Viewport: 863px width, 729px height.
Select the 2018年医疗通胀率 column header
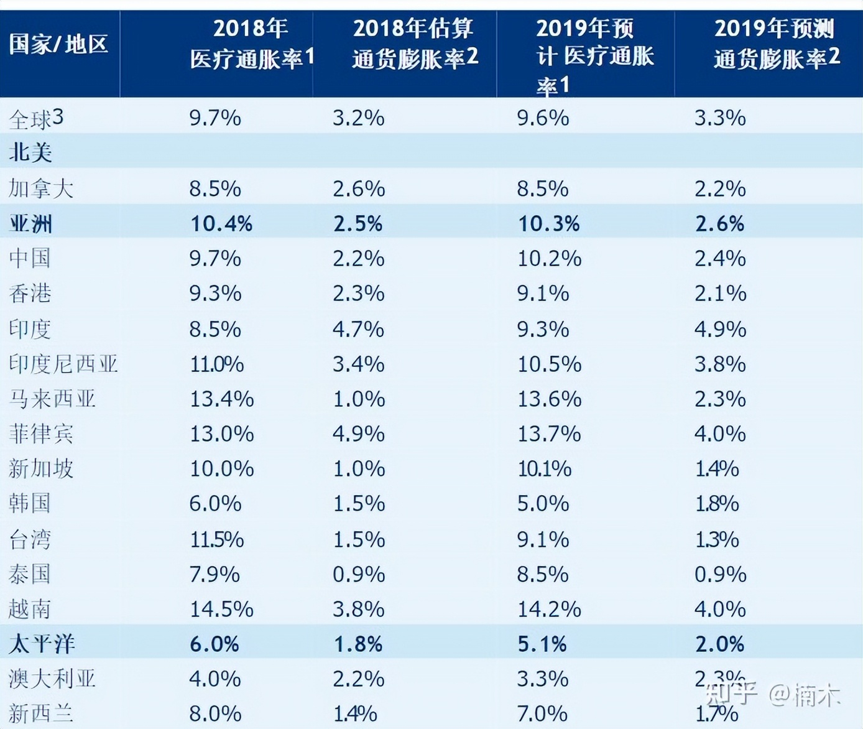pyautogui.click(x=251, y=44)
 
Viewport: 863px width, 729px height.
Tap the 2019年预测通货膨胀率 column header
pyautogui.click(x=776, y=44)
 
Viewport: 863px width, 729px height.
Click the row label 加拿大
pyautogui.click(x=41, y=188)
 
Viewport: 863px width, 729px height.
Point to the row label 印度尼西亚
pyautogui.click(x=63, y=364)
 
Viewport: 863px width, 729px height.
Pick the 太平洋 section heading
pyautogui.click(x=42, y=644)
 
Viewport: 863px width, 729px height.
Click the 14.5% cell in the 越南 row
pyautogui.click(x=221, y=609)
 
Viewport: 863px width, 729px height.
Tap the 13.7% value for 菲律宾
pyautogui.click(x=549, y=434)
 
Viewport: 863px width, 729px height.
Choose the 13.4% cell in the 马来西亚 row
pyautogui.click(x=221, y=399)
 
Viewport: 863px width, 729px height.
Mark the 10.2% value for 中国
pyautogui.click(x=549, y=258)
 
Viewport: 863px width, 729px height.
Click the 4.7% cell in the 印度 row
pyautogui.click(x=358, y=329)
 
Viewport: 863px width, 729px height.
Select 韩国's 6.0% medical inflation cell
pyautogui.click(x=215, y=503)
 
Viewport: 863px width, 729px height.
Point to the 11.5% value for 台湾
pyautogui.click(x=216, y=539)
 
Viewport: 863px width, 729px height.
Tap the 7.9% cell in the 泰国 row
pyautogui.click(x=215, y=574)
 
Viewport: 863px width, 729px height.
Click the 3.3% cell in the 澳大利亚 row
pyautogui.click(x=542, y=679)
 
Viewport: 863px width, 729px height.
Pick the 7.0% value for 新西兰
pyautogui.click(x=542, y=713)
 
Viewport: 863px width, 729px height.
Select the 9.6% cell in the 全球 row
pyautogui.click(x=543, y=118)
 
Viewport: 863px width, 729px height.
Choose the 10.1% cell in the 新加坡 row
pyautogui.click(x=544, y=468)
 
